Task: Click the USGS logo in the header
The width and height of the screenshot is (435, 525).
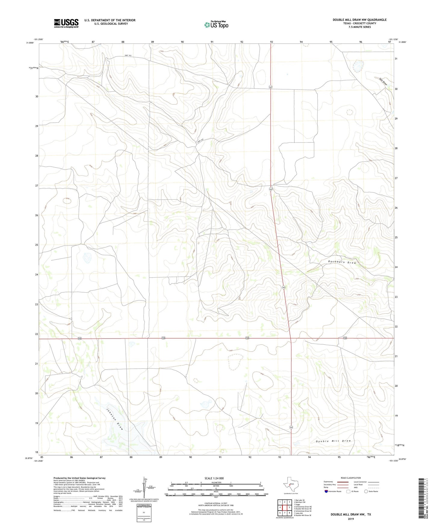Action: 66,23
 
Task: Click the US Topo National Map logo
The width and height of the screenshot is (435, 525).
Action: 216,24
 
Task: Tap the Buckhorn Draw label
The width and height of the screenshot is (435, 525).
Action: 342,262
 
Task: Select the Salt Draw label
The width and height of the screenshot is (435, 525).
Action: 383,82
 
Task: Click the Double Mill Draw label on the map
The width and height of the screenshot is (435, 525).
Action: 333,441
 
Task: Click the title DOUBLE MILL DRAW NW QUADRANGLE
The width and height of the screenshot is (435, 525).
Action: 359,20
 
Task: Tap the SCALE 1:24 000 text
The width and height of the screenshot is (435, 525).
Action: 214,478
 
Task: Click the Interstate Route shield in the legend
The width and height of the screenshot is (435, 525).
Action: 327,491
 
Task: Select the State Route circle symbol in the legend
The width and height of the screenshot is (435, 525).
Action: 366,491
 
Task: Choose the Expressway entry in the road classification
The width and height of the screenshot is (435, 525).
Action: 328,482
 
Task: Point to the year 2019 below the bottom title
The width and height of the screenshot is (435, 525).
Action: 350,519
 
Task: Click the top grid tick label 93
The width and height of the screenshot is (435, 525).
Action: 272,42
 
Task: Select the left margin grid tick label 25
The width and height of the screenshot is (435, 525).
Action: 36,245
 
